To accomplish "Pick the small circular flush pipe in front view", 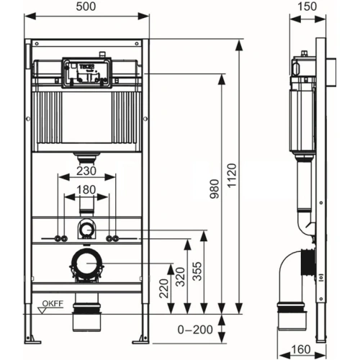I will (x=86, y=231).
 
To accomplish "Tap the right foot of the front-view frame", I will (x=145, y=336).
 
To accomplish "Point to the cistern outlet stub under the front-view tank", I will (x=87, y=156).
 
